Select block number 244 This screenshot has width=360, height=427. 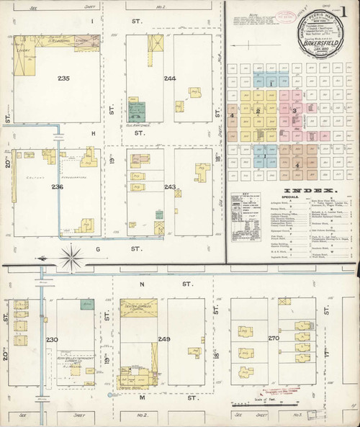pyautogui.click(x=170, y=78)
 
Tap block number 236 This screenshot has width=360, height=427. pyautogui.click(x=57, y=187)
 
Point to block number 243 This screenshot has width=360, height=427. pyautogui.click(x=170, y=187)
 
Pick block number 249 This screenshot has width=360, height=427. pyautogui.click(x=165, y=339)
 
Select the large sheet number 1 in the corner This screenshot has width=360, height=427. pyautogui.click(x=351, y=10)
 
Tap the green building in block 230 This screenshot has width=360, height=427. pyautogui.click(x=87, y=305)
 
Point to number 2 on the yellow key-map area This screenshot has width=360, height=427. pyautogui.click(x=257, y=112)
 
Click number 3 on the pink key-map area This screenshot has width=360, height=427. pyautogui.click(x=295, y=110)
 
